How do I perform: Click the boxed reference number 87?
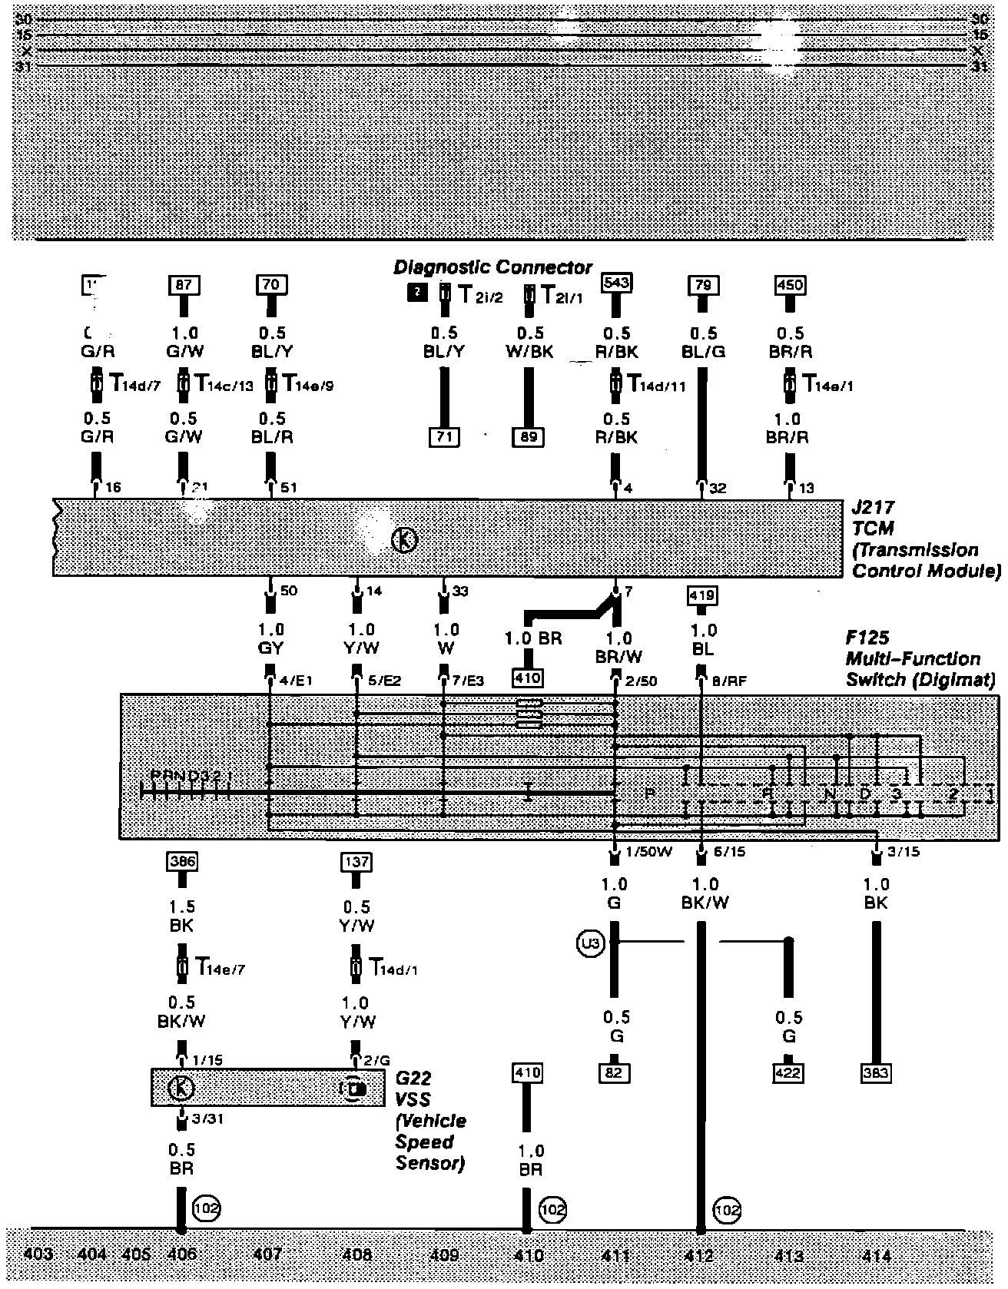pos(184,286)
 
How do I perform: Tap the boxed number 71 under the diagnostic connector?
pos(444,438)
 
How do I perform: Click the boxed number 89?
pos(528,438)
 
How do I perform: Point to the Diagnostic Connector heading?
pos(492,267)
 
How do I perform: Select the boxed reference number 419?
pos(703,595)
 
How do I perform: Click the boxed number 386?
pos(182,862)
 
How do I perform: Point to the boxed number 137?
pos(356,862)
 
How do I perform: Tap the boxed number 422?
pos(788,1072)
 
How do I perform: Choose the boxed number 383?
pos(875,1072)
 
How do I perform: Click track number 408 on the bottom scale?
pos(356,1255)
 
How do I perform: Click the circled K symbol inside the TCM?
pos(404,541)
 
